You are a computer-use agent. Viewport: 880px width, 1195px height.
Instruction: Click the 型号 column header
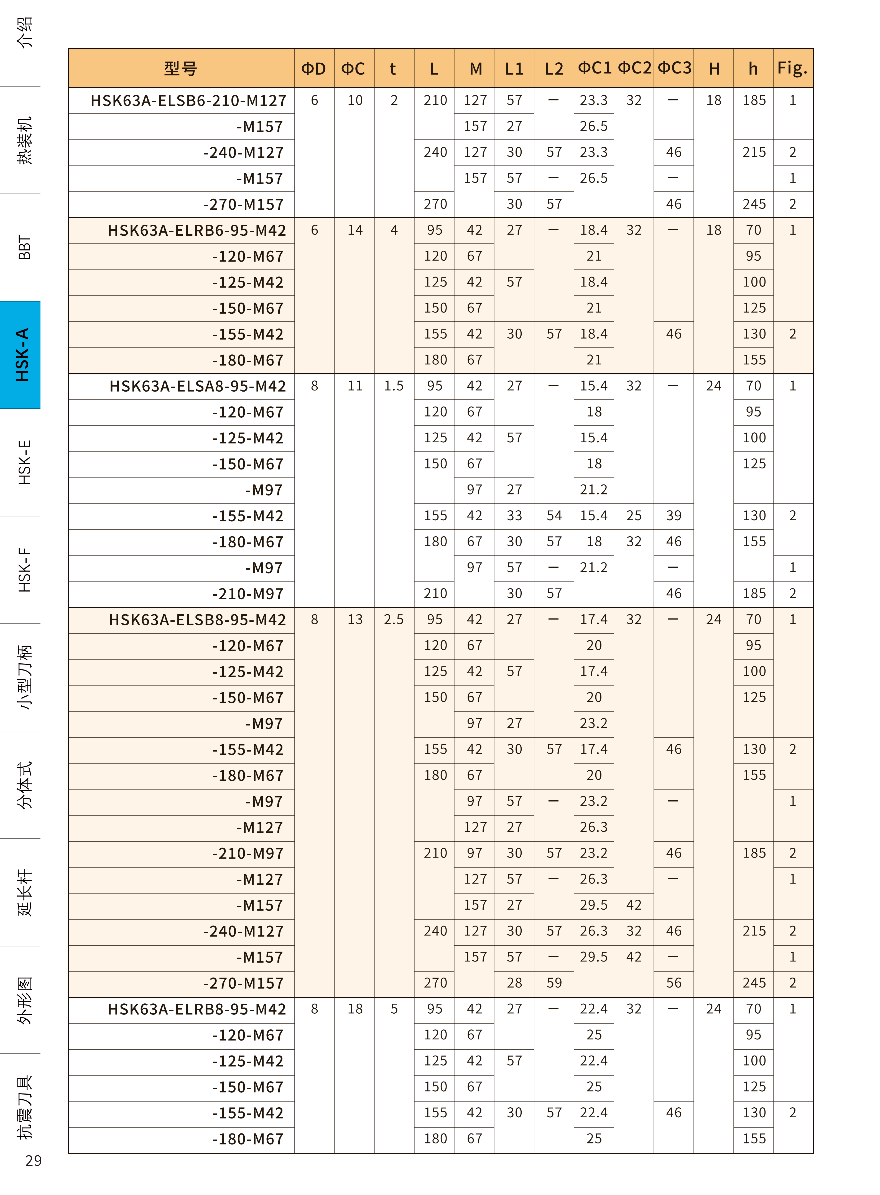(x=181, y=68)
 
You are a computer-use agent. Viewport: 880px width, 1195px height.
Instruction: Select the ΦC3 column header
(x=674, y=68)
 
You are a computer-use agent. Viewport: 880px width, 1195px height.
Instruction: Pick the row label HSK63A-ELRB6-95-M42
(x=197, y=230)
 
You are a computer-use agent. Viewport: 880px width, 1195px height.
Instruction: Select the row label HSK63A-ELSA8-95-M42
(x=198, y=386)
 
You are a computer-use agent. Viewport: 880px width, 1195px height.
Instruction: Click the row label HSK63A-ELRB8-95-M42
(x=197, y=1009)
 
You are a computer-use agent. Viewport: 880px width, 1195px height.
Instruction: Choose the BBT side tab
(x=24, y=247)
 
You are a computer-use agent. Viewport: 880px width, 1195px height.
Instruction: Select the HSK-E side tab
(x=24, y=462)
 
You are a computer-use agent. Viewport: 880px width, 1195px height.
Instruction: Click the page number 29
(x=33, y=1160)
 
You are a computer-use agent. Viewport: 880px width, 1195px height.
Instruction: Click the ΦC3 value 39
(x=674, y=516)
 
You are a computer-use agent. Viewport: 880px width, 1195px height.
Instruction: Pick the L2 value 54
(x=554, y=516)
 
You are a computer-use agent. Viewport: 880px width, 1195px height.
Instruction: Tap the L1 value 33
(x=514, y=516)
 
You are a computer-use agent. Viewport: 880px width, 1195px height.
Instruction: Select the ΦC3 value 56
(x=674, y=983)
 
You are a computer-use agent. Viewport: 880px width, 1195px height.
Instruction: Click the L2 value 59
(x=554, y=983)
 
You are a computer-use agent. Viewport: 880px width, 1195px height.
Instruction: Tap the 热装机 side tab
(x=24, y=140)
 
